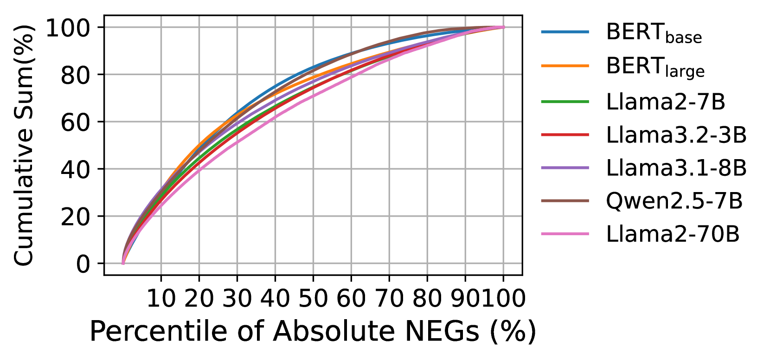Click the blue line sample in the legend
tap(565, 32)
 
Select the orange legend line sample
tap(565, 66)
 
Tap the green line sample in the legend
tap(565, 102)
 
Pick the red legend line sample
tap(565, 135)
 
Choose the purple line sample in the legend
tap(565, 168)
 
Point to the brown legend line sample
tap(565, 201)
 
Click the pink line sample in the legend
tap(565, 234)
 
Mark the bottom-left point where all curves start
tap(123, 263)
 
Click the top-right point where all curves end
tap(503, 27)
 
